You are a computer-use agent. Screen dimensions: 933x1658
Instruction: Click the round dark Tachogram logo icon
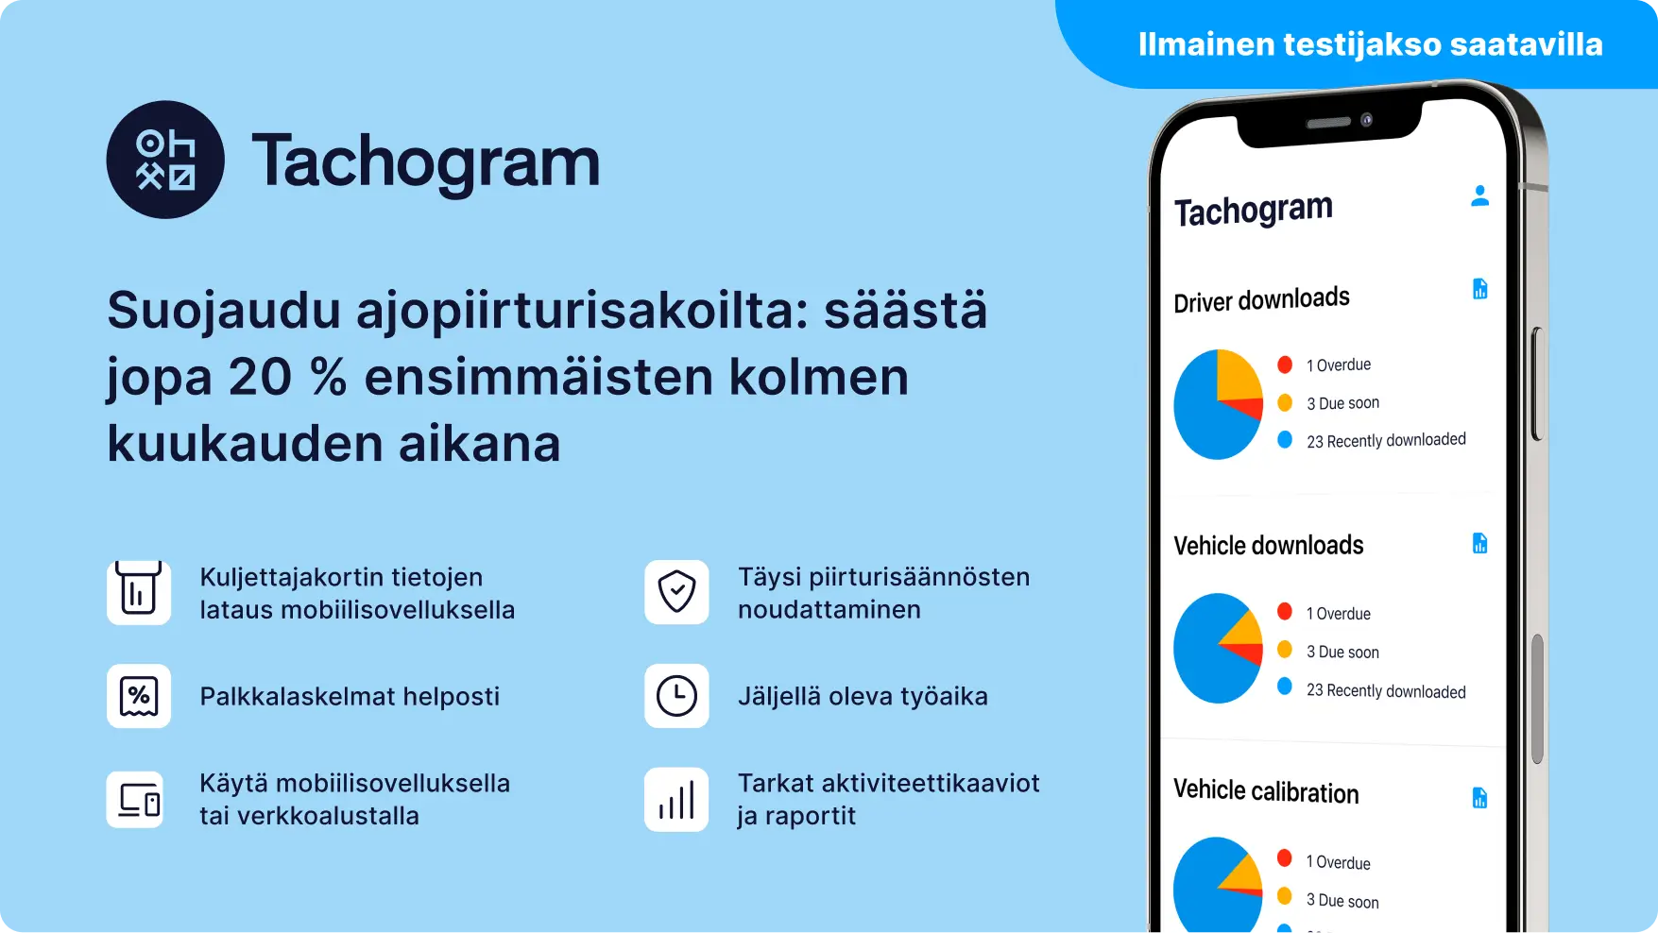tap(165, 160)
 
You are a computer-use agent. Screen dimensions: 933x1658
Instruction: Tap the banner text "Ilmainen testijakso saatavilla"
tap(1370, 44)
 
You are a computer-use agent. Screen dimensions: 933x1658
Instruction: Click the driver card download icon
tap(139, 592)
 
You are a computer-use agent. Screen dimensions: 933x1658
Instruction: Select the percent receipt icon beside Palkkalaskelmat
tap(139, 696)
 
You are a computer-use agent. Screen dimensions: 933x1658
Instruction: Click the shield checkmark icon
tap(676, 592)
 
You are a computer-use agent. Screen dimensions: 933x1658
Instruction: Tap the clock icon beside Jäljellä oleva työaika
tap(676, 696)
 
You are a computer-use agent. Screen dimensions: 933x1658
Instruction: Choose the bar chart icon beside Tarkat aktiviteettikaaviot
tap(676, 800)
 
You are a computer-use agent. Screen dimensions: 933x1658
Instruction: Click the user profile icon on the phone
tap(1479, 195)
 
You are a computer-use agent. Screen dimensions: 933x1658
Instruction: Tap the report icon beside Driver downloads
tap(1479, 289)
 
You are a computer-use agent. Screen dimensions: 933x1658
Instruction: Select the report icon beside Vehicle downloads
tap(1479, 543)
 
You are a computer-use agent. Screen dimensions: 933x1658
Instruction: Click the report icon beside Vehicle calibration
tap(1479, 798)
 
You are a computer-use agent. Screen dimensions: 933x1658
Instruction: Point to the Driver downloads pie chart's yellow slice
tap(1238, 375)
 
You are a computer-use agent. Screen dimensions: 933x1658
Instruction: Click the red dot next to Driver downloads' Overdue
tap(1285, 365)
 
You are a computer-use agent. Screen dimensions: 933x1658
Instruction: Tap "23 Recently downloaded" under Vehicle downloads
tap(1386, 691)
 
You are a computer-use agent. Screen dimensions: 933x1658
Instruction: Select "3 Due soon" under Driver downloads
tap(1342, 403)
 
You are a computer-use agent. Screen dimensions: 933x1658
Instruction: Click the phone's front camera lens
tap(1366, 120)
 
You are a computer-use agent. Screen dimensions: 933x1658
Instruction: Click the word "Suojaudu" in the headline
tap(224, 311)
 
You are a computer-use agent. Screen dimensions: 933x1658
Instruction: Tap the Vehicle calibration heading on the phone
tap(1266, 791)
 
